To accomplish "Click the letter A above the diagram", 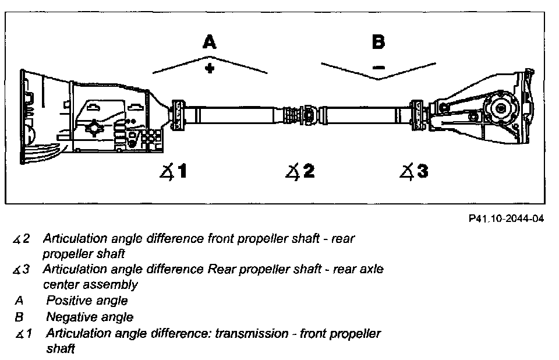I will click(208, 42).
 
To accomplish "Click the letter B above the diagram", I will click(378, 42).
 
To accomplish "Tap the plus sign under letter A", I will click(208, 68).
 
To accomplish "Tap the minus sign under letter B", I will click(378, 68).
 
